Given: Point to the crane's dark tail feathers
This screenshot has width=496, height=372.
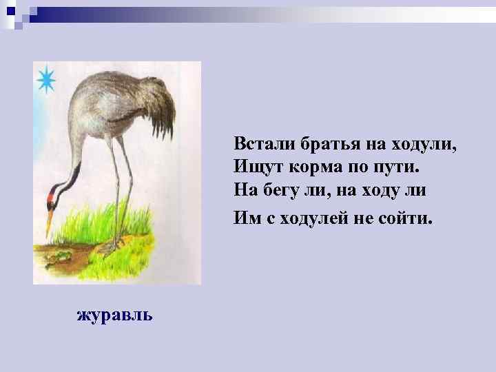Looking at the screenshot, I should pyautogui.click(x=163, y=114).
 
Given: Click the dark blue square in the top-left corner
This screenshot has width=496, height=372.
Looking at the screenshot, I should pyautogui.click(x=10, y=11).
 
